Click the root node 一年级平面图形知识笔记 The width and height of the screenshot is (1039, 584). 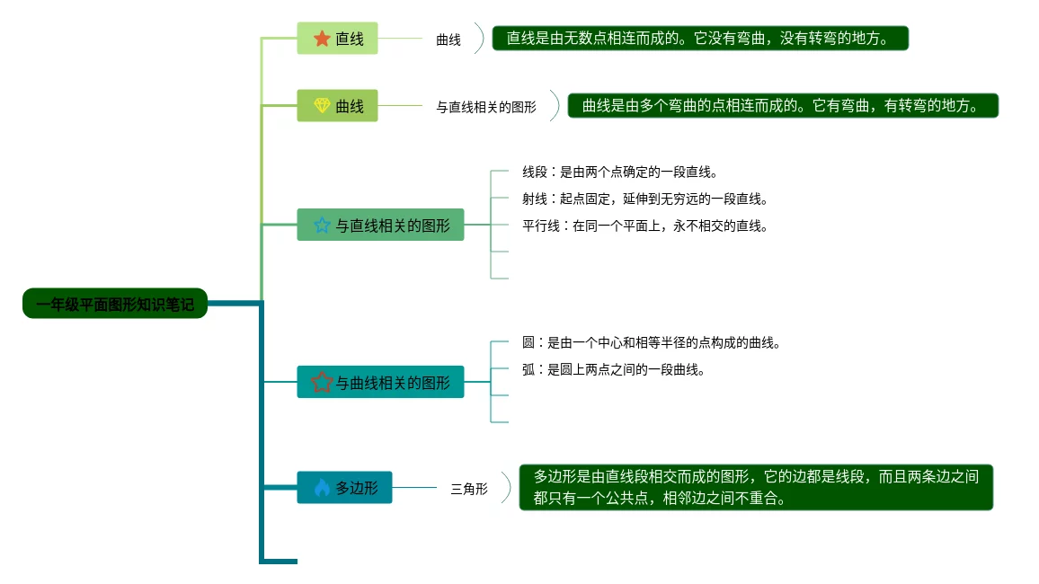coord(114,304)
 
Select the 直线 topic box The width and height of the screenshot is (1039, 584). coord(337,39)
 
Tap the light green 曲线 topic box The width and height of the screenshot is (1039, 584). coord(337,106)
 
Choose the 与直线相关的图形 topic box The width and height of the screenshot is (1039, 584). coord(380,225)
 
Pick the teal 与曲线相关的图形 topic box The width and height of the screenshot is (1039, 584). coord(380,382)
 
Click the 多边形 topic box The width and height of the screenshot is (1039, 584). coord(344,488)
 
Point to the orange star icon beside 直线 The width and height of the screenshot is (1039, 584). coord(322,39)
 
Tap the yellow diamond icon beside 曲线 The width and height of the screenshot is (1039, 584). coord(322,106)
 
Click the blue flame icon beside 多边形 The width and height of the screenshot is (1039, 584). coord(322,488)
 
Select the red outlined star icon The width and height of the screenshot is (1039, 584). coord(322,382)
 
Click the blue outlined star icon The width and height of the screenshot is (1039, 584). coord(322,225)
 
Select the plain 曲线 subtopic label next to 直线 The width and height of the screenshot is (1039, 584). coord(448,40)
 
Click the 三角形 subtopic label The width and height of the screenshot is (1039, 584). coord(468,489)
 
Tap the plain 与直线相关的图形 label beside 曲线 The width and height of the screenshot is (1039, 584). coord(486,107)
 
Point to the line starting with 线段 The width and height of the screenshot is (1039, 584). coord(620,172)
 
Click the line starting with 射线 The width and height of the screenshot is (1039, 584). coord(644,199)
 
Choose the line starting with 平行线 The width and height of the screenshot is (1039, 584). coord(644,226)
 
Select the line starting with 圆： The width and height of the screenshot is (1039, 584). coord(651,342)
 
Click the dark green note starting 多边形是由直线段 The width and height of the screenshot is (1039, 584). coord(756,487)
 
